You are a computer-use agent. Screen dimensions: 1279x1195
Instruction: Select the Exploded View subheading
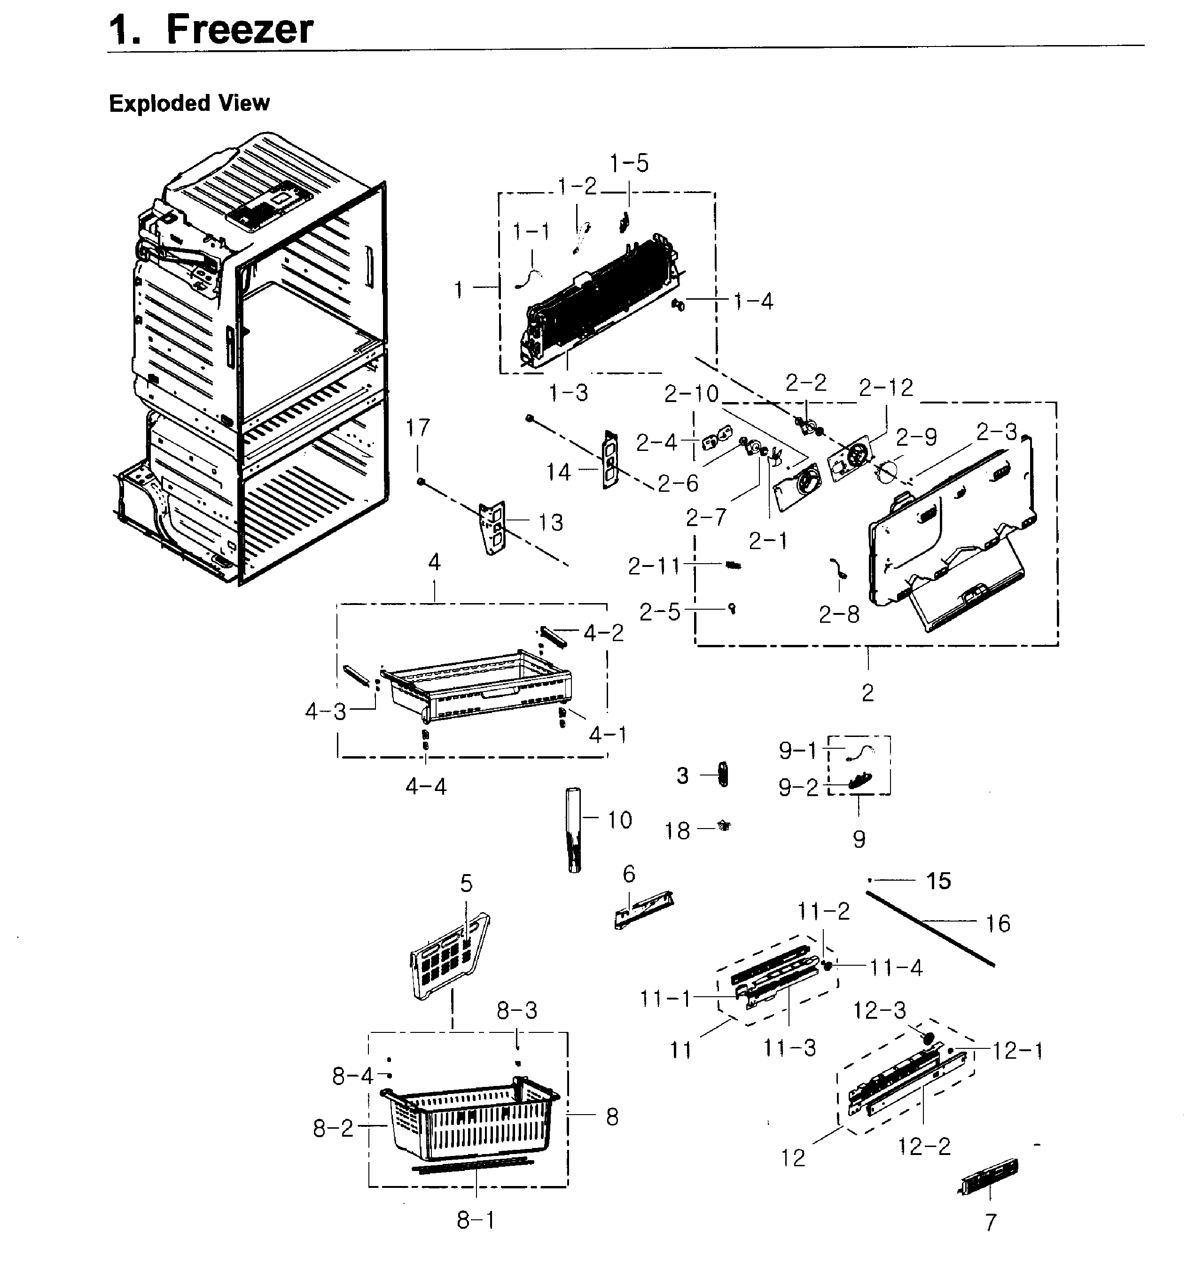(x=189, y=103)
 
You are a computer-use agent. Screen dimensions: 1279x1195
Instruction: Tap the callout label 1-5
(x=629, y=163)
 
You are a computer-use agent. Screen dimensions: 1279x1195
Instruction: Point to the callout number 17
(x=418, y=428)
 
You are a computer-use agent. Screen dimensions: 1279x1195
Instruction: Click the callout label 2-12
(x=886, y=388)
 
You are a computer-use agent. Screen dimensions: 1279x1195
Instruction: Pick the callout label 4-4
(x=426, y=786)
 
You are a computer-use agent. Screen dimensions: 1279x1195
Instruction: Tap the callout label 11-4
(x=896, y=968)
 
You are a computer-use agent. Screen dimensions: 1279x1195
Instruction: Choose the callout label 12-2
(x=924, y=1146)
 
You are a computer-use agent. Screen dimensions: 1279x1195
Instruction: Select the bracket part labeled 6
(x=643, y=908)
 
